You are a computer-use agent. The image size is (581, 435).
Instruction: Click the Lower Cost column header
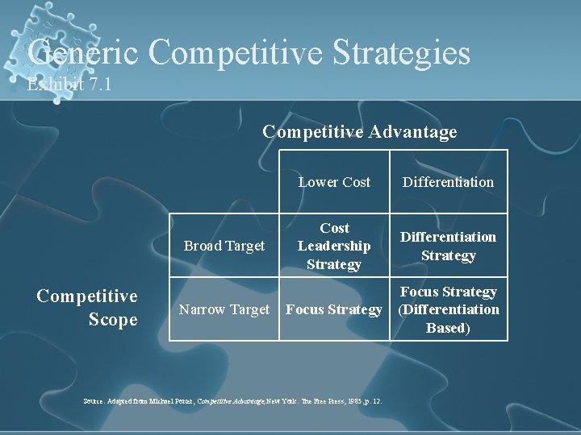pos(334,182)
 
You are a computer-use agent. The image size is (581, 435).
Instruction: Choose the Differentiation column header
pos(449,182)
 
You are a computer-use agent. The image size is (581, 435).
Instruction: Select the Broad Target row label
pos(224,246)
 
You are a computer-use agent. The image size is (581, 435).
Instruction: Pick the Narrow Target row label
pos(224,309)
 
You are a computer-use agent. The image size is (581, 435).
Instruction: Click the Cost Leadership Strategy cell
pos(334,246)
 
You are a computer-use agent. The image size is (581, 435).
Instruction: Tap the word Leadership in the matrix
pos(334,246)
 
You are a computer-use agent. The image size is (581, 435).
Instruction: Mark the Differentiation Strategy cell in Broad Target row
pos(449,246)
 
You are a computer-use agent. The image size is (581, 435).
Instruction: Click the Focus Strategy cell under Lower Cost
pos(334,309)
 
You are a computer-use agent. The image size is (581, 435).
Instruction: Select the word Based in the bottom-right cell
pos(448,328)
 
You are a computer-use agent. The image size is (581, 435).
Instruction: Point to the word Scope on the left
pos(113,320)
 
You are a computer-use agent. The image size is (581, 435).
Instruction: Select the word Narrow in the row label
pos(201,309)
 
